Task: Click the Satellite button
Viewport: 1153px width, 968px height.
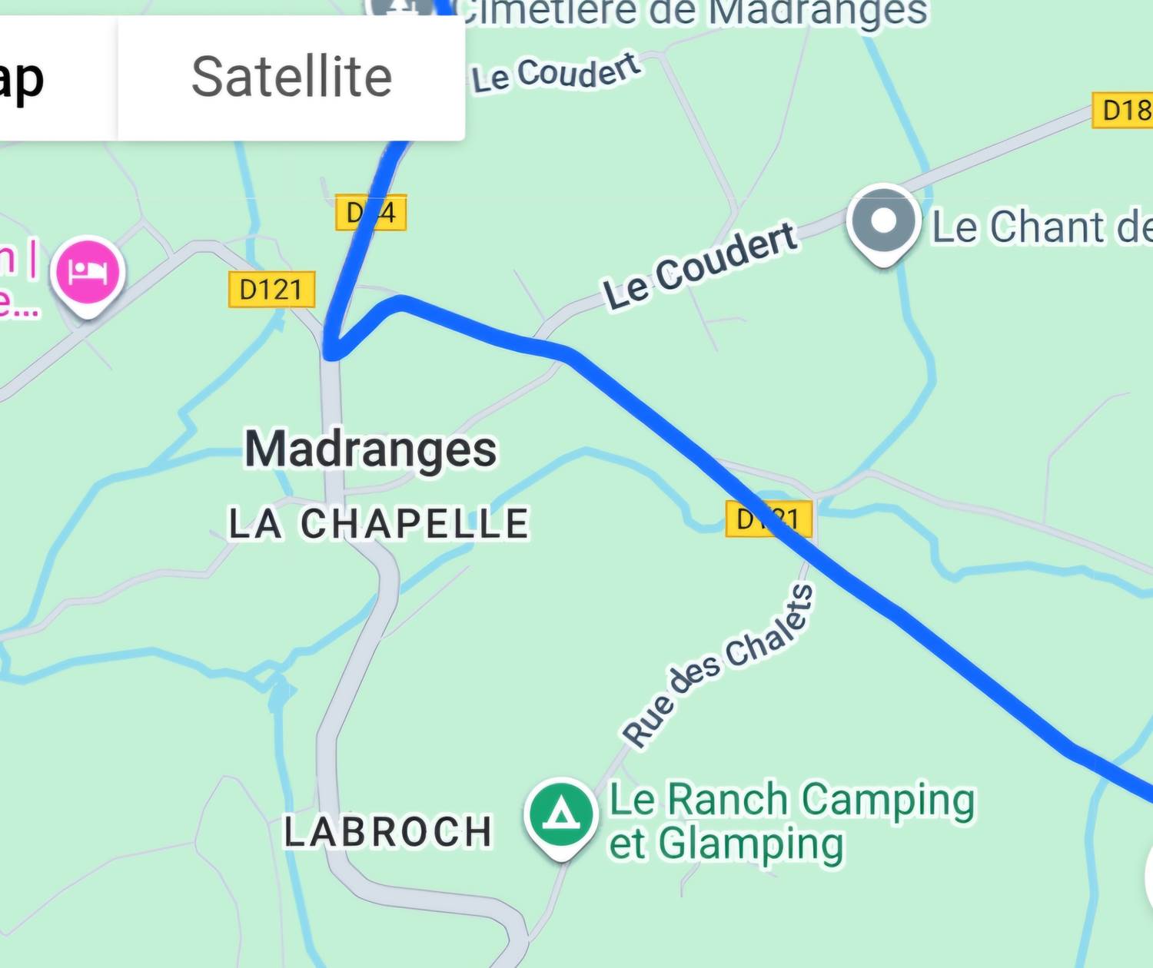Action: pos(291,77)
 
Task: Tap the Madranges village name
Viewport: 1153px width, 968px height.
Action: pos(370,449)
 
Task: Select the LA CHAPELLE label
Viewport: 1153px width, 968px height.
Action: pos(379,524)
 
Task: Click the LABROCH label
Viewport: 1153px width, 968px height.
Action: pos(388,832)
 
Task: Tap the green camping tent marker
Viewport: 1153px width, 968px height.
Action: pos(561,814)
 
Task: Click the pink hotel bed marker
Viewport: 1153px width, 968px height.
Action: pos(88,272)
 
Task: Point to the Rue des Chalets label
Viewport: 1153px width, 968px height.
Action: pos(718,665)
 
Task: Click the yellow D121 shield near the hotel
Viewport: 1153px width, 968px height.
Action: pos(271,290)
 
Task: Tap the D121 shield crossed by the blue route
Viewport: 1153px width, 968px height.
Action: pos(769,519)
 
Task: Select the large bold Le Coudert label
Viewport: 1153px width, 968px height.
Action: pos(699,266)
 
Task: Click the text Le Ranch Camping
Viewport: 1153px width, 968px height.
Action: pos(792,800)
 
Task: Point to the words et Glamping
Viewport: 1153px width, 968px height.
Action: pos(726,844)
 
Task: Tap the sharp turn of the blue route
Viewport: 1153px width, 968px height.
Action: pos(331,354)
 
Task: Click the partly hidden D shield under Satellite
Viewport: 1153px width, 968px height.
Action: pos(370,213)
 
